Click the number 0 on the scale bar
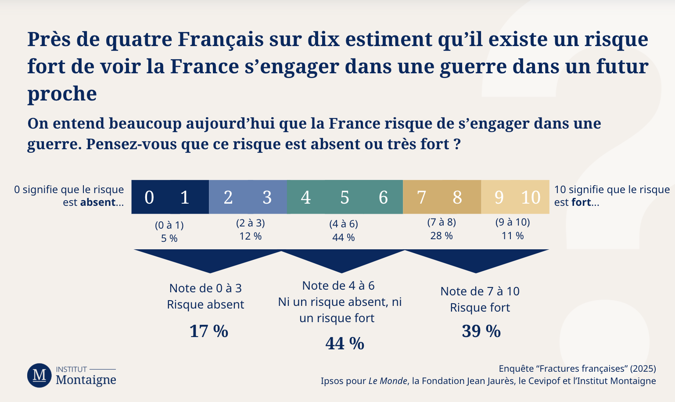click(x=149, y=197)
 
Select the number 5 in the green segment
click(x=345, y=197)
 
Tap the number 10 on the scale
click(x=530, y=197)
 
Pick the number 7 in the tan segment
click(x=421, y=197)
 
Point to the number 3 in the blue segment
click(x=267, y=197)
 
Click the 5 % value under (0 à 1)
click(x=169, y=238)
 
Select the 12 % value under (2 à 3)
click(x=250, y=236)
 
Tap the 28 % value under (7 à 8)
click(x=441, y=236)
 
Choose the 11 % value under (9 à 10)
click(x=513, y=236)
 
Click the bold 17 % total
click(x=208, y=331)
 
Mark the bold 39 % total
click(x=481, y=331)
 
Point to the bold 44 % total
click(x=345, y=343)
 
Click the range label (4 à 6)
click(x=344, y=224)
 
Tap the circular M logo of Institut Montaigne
click(x=39, y=375)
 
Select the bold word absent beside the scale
click(x=97, y=202)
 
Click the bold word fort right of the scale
click(x=581, y=202)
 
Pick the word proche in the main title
click(x=62, y=93)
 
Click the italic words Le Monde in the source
click(x=388, y=381)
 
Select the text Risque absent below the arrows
click(x=205, y=305)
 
